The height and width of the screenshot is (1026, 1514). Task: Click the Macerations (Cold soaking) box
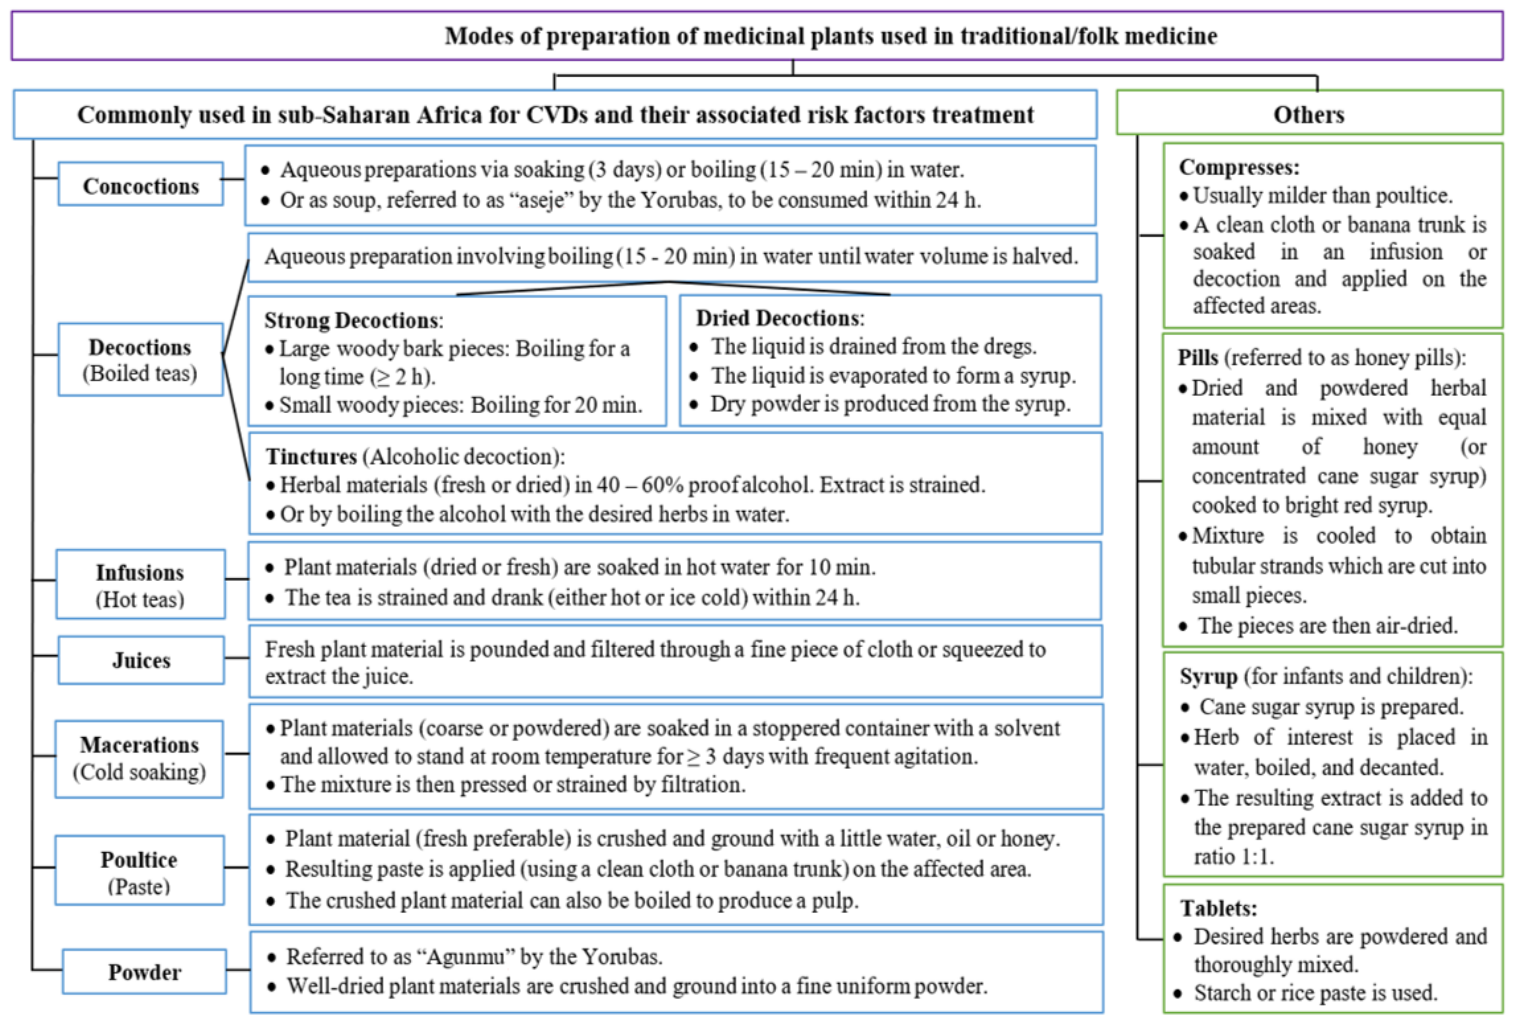point(140,758)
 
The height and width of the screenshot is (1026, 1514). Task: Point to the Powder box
point(144,971)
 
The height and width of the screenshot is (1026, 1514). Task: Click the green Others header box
point(1309,114)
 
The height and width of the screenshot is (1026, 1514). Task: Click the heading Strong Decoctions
point(352,320)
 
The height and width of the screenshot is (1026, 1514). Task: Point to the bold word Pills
point(1197,357)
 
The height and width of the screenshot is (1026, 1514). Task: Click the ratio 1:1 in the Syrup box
point(1257,856)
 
